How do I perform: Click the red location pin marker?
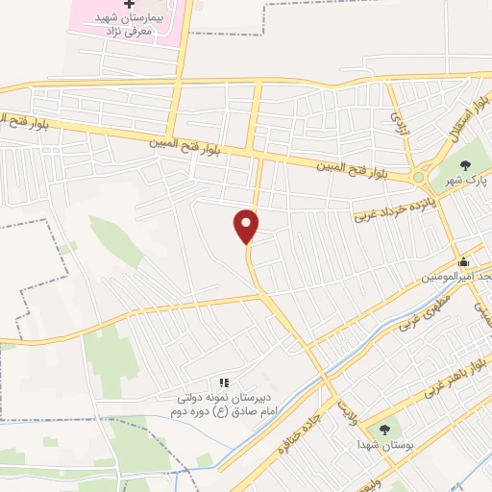click(x=247, y=225)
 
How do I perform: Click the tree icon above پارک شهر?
click(x=467, y=165)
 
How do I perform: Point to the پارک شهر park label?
click(x=470, y=180)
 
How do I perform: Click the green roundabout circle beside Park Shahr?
click(x=418, y=177)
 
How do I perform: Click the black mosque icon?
click(x=463, y=261)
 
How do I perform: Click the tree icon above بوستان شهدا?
click(x=384, y=430)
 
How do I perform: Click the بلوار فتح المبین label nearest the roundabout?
click(x=360, y=170)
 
